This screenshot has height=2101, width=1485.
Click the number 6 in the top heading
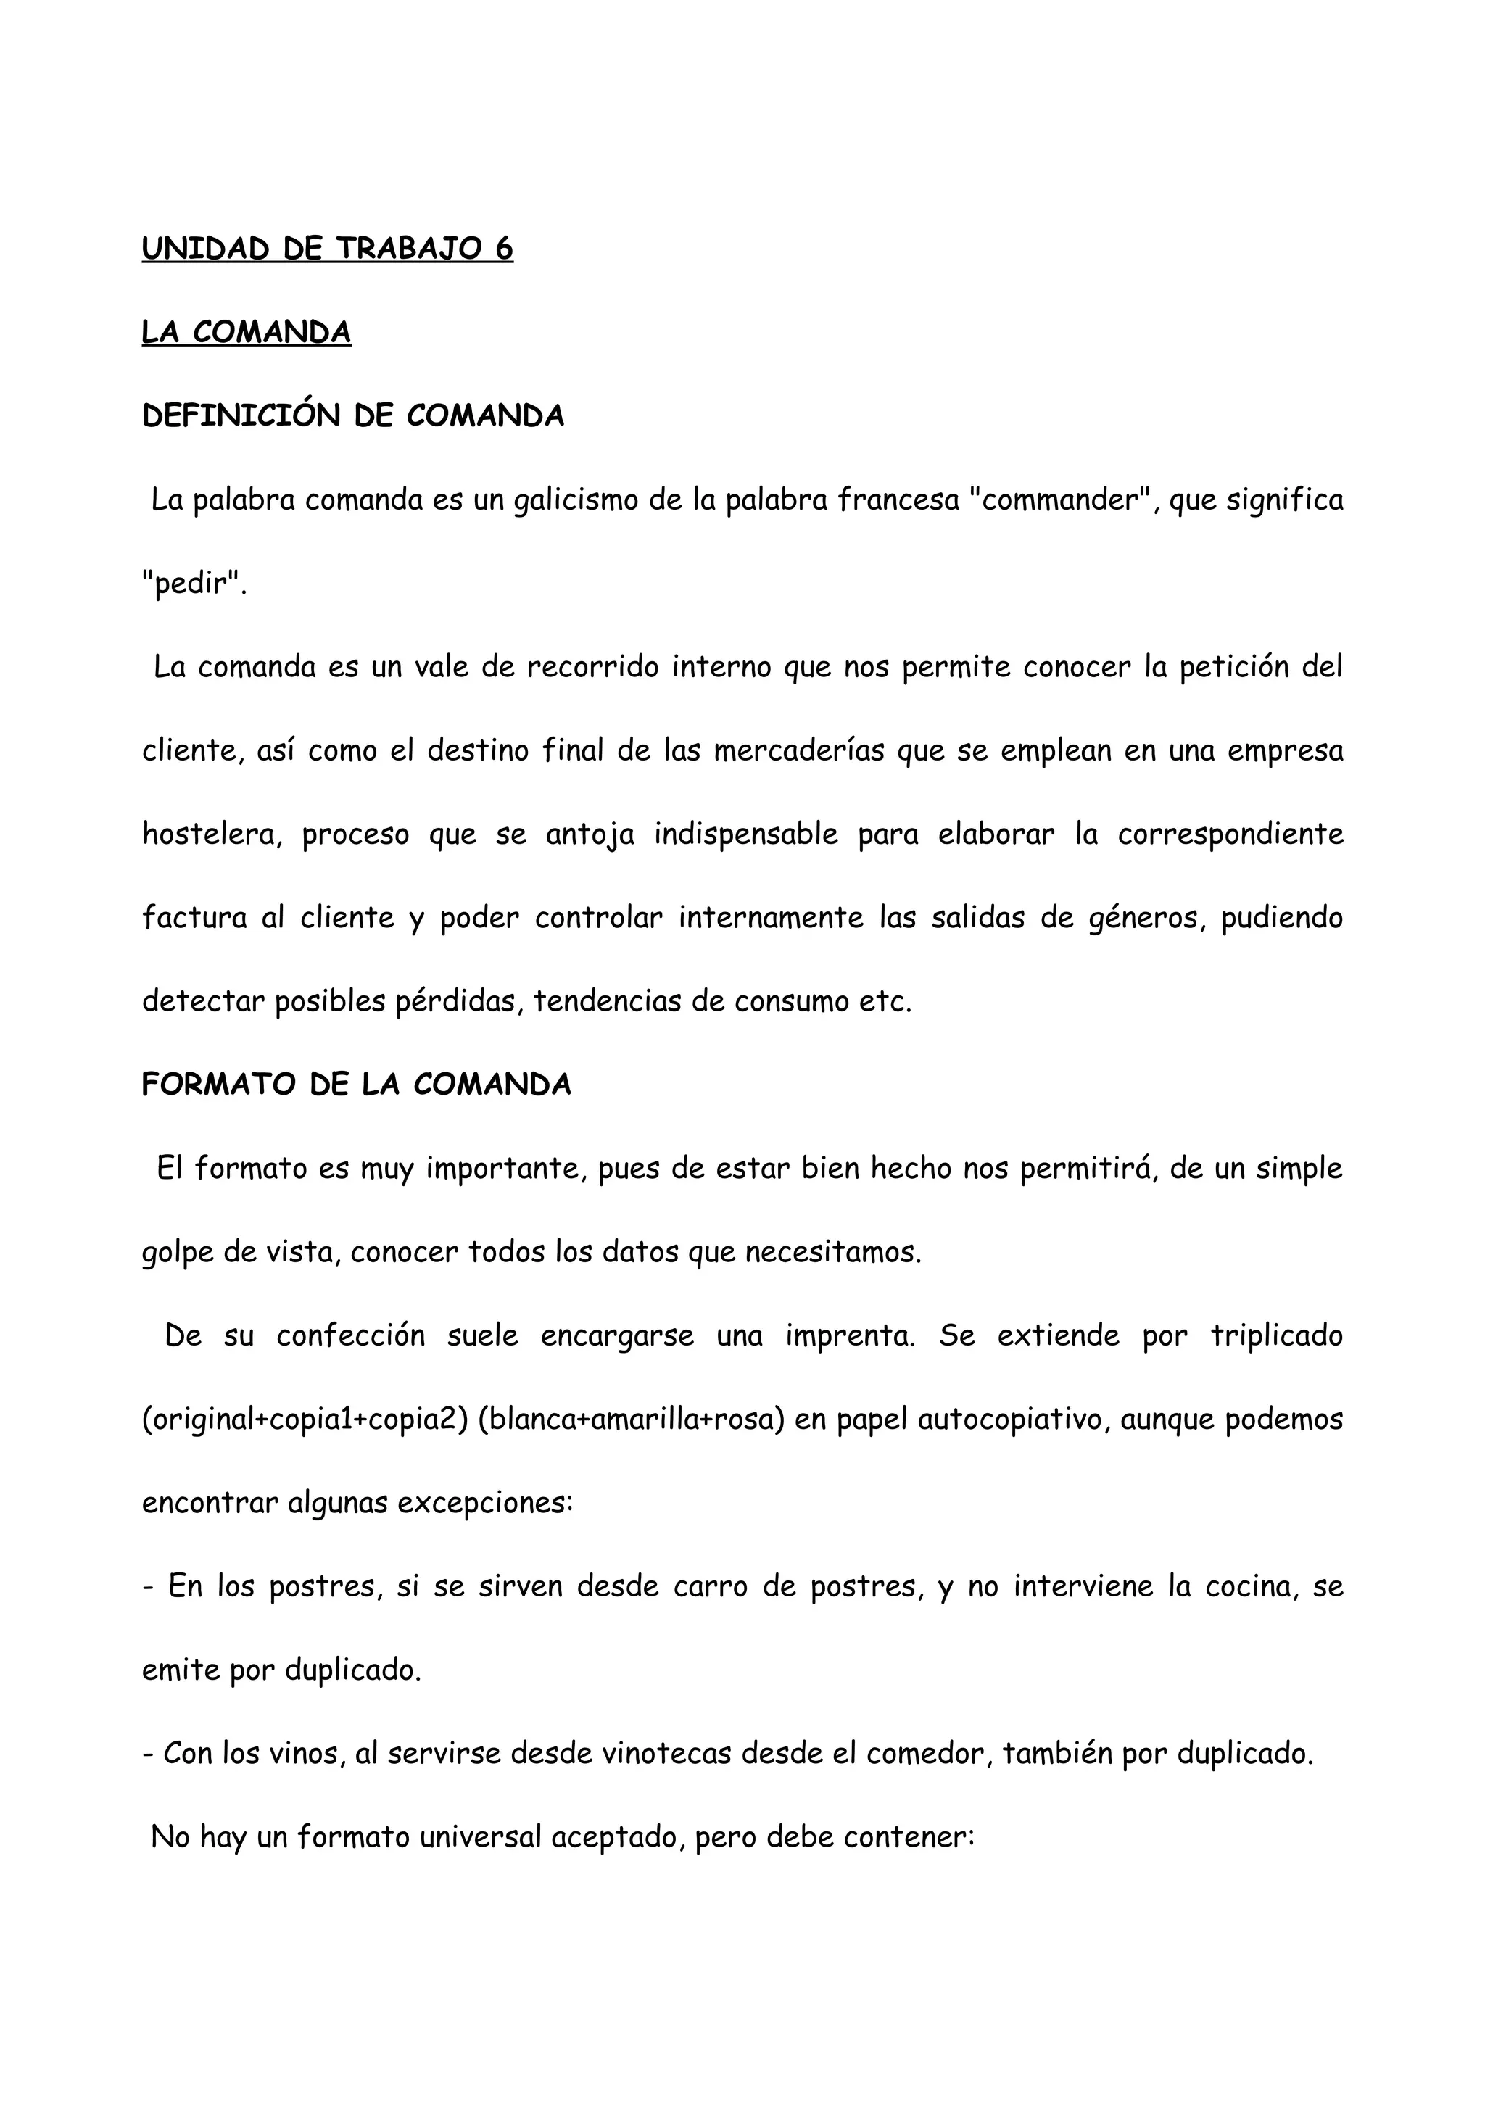[503, 248]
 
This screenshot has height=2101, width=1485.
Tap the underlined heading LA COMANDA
[246, 332]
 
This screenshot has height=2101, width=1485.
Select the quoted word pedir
[195, 584]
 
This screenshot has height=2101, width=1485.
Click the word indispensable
[745, 834]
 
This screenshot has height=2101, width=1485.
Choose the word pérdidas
[458, 1002]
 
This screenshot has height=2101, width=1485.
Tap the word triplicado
[1276, 1336]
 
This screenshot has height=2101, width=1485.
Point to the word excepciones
[492, 1503]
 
